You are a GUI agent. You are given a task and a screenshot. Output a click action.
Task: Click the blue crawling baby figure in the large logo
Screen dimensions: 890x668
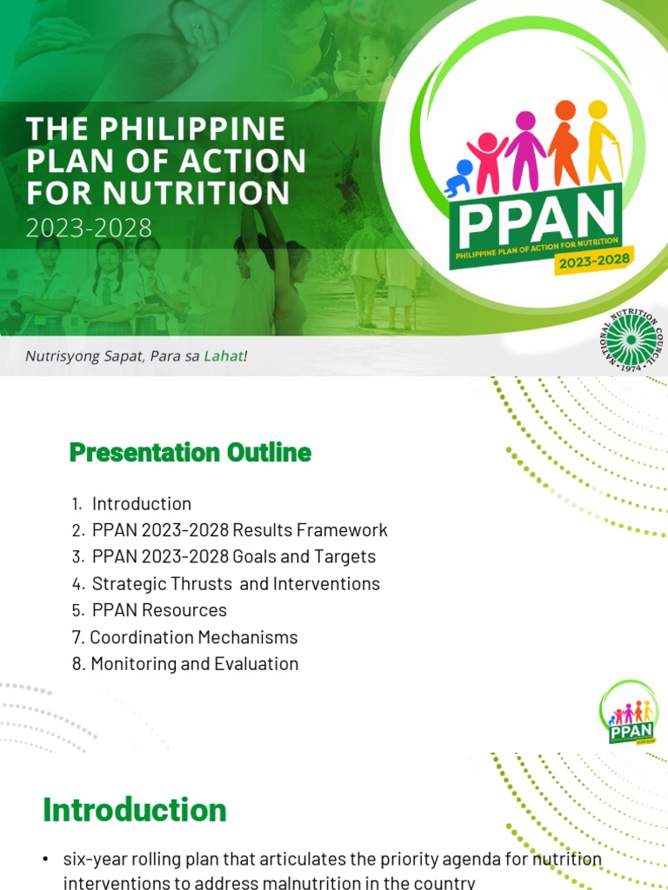[x=458, y=177]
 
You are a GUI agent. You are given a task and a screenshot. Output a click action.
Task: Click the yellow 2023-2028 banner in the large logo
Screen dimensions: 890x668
[x=595, y=260]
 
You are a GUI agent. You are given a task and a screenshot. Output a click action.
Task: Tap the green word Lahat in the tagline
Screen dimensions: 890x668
[x=224, y=355]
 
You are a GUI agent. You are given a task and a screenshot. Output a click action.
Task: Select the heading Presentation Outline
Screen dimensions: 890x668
[x=190, y=453]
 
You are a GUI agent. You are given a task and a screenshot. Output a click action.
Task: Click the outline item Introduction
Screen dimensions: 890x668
[x=142, y=504]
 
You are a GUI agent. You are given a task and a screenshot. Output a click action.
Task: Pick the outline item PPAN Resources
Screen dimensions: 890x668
[x=159, y=610]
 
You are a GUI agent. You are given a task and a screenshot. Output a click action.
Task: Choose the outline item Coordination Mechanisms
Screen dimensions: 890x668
[x=194, y=637]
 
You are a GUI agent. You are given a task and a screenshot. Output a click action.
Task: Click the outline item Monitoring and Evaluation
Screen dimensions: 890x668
[x=195, y=664]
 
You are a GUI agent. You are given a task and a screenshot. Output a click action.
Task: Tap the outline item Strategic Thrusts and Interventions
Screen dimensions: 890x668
[x=236, y=584]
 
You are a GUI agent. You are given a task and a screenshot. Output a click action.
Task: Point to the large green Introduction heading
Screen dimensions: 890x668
[x=135, y=810]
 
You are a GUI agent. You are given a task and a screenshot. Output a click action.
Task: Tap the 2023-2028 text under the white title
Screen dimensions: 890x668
[x=89, y=229]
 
